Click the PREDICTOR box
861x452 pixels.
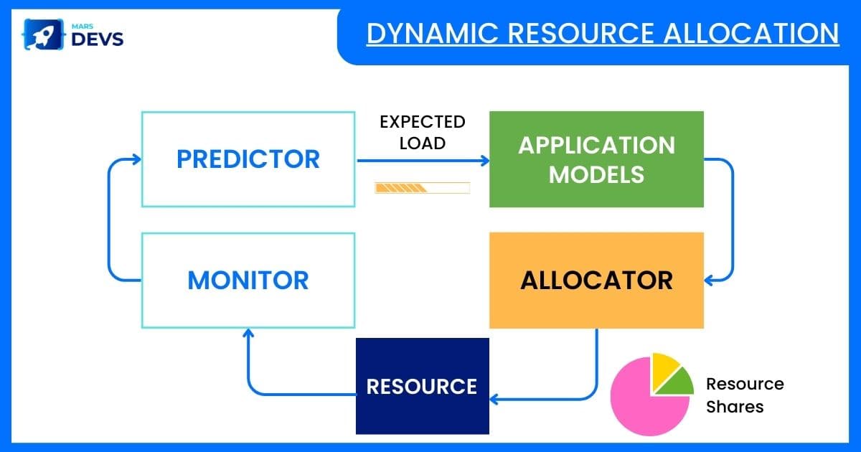coord(248,159)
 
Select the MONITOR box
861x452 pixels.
coord(248,280)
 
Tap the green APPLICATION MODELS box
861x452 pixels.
coord(596,159)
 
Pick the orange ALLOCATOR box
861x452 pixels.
coord(596,280)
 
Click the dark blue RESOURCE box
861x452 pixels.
coord(422,386)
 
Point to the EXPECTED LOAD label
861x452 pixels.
coord(423,132)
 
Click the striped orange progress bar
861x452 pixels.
coord(422,188)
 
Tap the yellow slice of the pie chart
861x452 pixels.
coord(664,367)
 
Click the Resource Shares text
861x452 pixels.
coord(744,395)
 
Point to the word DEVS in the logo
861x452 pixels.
coord(98,39)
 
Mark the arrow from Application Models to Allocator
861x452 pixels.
coord(731,215)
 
